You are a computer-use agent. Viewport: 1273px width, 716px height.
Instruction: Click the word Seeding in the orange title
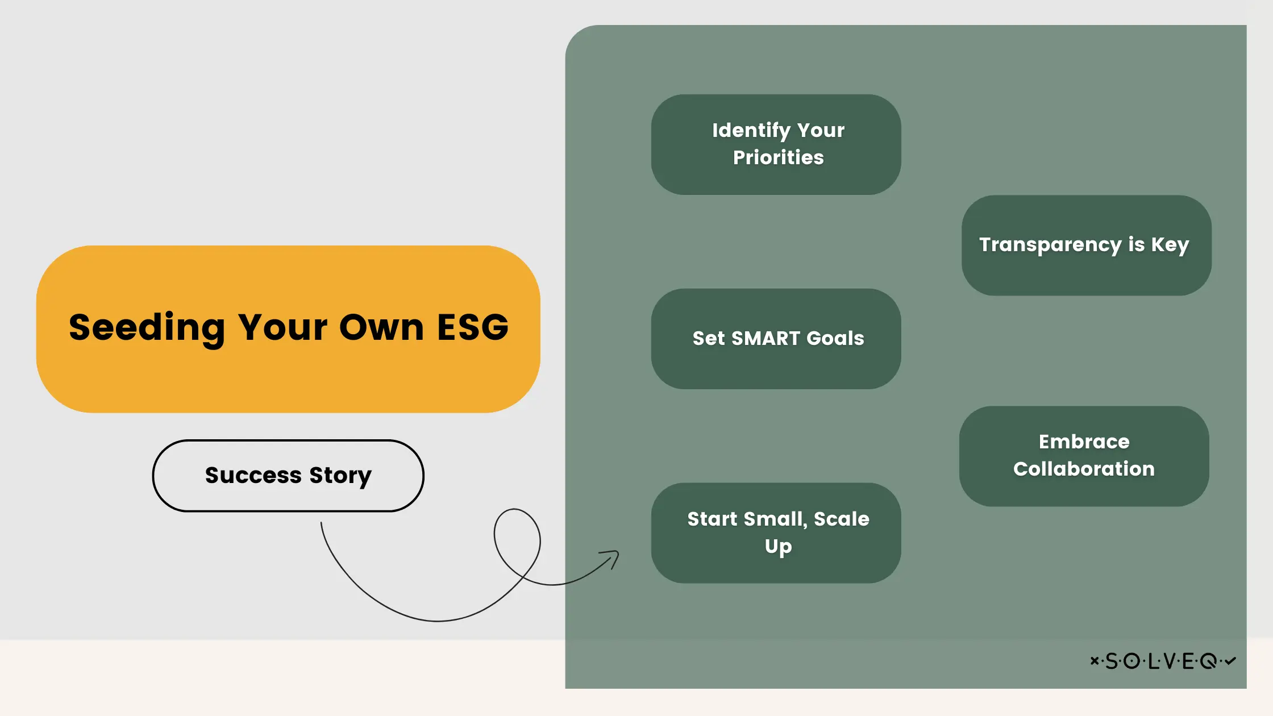pyautogui.click(x=147, y=328)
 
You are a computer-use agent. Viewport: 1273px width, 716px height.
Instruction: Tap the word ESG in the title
pyautogui.click(x=473, y=328)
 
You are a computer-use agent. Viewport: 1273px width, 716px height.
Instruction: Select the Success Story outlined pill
pyautogui.click(x=288, y=476)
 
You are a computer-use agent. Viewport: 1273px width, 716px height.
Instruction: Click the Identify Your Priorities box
pyautogui.click(x=776, y=144)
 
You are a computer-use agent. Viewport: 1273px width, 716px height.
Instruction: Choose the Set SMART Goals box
pyautogui.click(x=776, y=339)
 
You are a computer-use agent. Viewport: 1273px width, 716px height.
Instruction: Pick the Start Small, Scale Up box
pyautogui.click(x=776, y=533)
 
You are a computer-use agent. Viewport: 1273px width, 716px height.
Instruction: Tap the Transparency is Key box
pyautogui.click(x=1086, y=245)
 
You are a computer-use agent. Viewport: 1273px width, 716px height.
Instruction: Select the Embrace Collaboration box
pyautogui.click(x=1084, y=456)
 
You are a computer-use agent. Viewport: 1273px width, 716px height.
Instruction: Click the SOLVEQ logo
pyautogui.click(x=1163, y=661)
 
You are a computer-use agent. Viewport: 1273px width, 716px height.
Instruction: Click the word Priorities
pyautogui.click(x=778, y=158)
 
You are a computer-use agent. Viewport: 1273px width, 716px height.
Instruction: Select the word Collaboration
pyautogui.click(x=1084, y=469)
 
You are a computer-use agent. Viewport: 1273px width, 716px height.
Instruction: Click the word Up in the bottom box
pyautogui.click(x=778, y=547)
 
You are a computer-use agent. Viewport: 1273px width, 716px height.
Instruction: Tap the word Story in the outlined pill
pyautogui.click(x=340, y=476)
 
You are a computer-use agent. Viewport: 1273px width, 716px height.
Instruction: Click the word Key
pyautogui.click(x=1170, y=245)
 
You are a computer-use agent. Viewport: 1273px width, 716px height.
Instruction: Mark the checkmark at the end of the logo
pyautogui.click(x=1230, y=661)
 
